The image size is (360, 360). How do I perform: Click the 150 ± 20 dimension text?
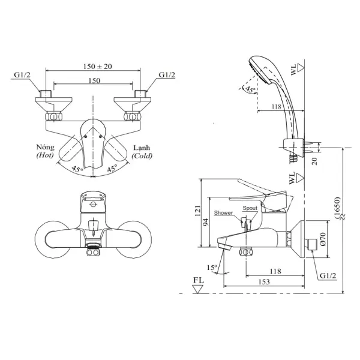point(98,67)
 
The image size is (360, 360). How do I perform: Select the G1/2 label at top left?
point(22,75)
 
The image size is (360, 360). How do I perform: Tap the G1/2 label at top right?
point(167,75)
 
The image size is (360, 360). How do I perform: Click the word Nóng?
point(45,147)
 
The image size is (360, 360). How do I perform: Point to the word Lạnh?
point(142,148)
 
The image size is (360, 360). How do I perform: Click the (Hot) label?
point(45,155)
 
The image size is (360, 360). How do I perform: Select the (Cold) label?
point(142,155)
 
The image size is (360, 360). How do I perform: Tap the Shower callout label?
point(223,213)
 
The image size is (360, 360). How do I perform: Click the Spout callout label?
point(250,208)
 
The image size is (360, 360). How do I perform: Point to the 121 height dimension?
point(197,211)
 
